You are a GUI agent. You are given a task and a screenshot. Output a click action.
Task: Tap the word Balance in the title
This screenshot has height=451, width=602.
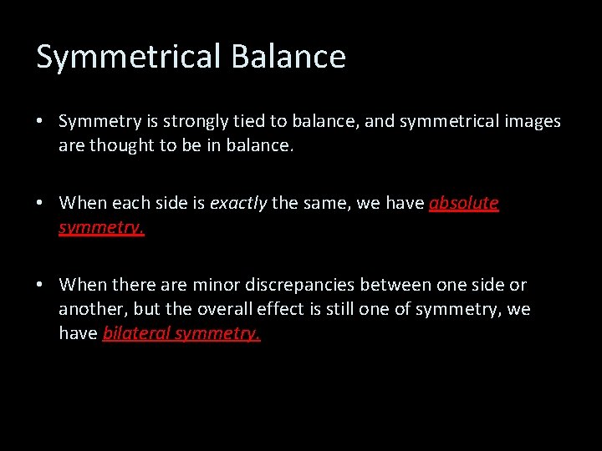click(x=288, y=56)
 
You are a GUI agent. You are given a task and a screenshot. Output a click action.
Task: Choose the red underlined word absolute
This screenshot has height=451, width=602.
click(x=463, y=203)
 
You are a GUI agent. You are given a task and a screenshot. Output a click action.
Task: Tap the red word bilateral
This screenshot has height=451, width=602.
click(x=136, y=333)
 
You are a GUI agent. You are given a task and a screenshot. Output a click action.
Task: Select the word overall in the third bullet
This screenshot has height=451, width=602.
click(x=227, y=309)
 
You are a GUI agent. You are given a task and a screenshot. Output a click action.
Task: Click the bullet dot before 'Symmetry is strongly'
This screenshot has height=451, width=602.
click(x=40, y=122)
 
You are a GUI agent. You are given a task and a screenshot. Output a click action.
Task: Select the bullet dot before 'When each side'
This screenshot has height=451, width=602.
click(x=40, y=203)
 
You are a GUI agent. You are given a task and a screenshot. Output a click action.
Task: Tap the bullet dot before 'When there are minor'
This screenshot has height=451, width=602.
click(x=40, y=286)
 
